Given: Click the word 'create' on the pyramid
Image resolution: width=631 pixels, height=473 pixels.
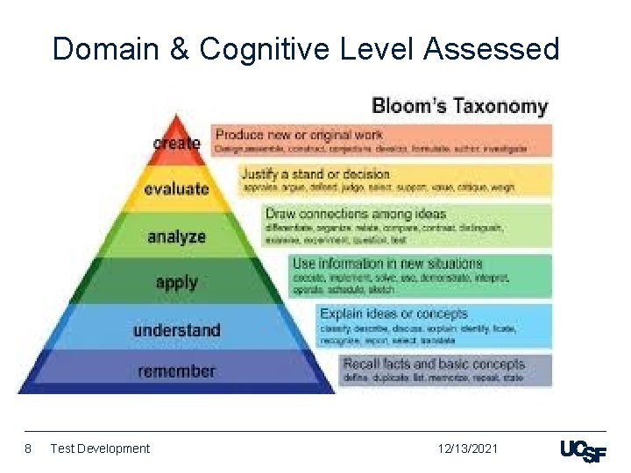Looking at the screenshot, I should pos(176,142).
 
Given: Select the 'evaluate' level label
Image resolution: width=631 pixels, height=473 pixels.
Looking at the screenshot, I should pos(176,188).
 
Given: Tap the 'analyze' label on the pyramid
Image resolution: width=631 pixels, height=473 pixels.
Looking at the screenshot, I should pos(176,236).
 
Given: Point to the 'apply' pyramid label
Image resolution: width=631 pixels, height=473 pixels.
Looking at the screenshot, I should pos(176,282).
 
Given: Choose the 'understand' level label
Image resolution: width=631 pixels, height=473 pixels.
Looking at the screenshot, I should pos(176,330).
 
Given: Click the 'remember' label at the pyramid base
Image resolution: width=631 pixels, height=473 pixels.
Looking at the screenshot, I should pos(176,371).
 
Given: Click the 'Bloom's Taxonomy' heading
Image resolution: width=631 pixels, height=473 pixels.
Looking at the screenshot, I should pos(459,107).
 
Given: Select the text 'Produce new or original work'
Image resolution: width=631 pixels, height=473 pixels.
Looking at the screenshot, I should pos(298,135).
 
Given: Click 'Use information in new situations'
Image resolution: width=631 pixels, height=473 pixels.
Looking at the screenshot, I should pos(386,263).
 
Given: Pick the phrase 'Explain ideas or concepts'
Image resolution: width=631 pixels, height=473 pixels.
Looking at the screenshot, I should pos(393,314).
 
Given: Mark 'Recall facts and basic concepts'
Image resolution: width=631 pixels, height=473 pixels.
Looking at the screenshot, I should pos(433,364).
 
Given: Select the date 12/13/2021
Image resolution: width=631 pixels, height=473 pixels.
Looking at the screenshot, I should pos(468,448).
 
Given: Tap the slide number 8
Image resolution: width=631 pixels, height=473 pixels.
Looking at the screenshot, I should pos(28,448).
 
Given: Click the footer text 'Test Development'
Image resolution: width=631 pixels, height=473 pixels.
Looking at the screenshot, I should pos(100,448).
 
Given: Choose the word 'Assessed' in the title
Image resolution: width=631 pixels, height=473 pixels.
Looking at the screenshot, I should pos(491,49).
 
